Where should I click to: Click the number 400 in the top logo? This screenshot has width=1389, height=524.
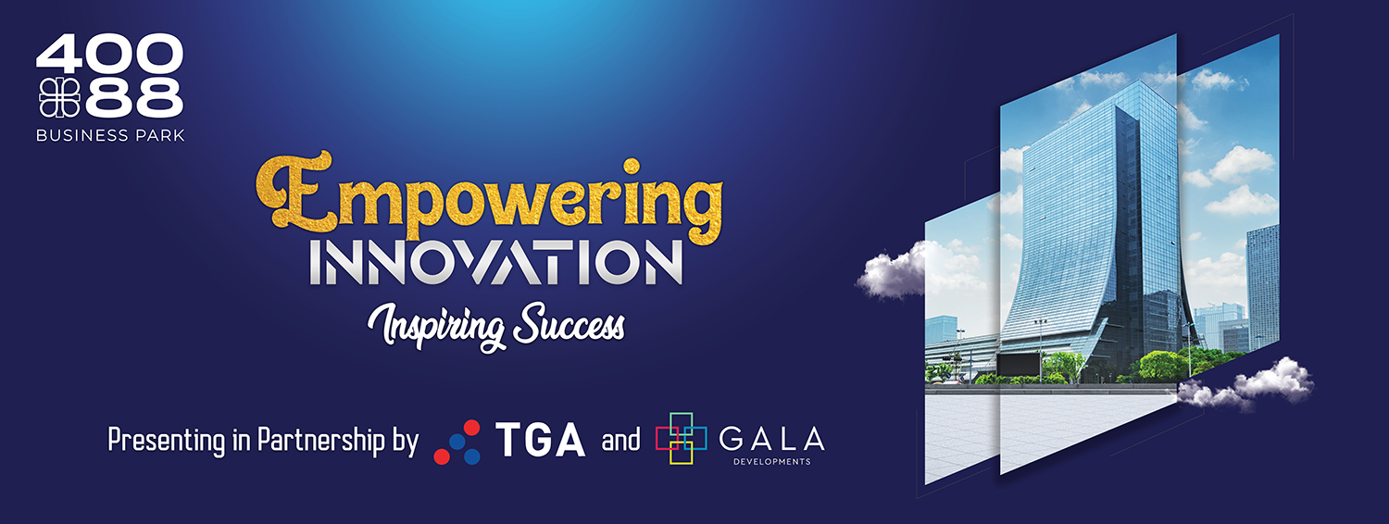[x=110, y=55]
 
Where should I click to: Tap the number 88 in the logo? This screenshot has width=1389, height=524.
[x=134, y=98]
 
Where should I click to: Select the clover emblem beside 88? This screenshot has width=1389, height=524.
[x=60, y=98]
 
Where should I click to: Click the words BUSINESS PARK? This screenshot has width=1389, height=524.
[x=110, y=135]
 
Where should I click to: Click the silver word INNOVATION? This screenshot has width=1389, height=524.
[x=496, y=262]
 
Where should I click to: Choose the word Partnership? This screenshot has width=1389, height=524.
[x=321, y=440]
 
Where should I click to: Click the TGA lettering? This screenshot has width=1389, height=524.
[x=540, y=440]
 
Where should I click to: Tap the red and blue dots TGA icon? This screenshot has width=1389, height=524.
[x=457, y=443]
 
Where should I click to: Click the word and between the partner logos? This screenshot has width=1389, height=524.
[x=620, y=441]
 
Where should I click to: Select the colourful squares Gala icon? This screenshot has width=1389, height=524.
[x=681, y=439]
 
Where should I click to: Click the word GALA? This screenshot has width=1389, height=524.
[x=772, y=439]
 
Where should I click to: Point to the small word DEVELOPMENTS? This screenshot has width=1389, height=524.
[x=772, y=461]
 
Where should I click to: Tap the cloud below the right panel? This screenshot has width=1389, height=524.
[x=1246, y=384]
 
